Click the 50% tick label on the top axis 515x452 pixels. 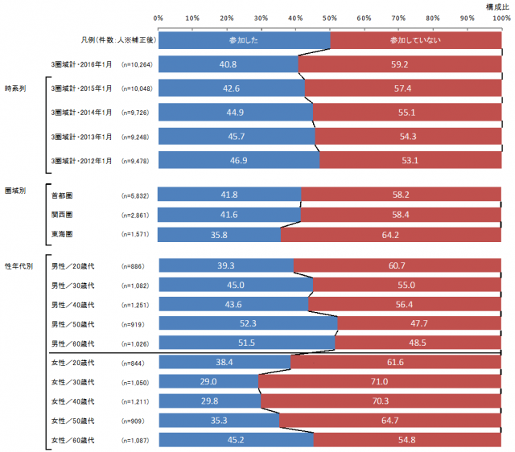click(330, 17)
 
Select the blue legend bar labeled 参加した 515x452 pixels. click(245, 38)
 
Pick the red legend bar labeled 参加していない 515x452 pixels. click(415, 38)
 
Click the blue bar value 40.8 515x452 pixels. click(228, 64)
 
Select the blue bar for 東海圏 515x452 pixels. click(220, 234)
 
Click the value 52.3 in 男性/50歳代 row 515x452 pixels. click(248, 323)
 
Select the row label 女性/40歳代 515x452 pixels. click(73, 401)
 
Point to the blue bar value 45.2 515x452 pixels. click(236, 439)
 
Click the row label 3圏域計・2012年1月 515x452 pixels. click(80, 161)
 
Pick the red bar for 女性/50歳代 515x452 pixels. click(390, 420)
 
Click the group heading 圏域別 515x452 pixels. click(15, 191)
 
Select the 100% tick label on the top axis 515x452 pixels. click(501, 17)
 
